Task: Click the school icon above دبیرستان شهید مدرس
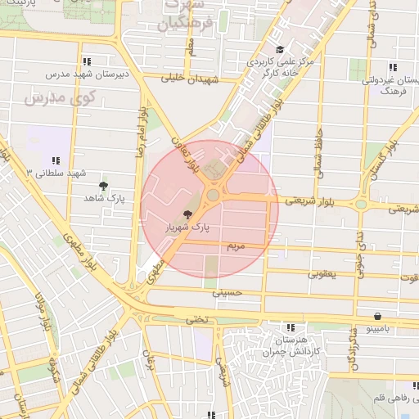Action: click(87, 61)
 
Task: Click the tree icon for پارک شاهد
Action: click(102, 186)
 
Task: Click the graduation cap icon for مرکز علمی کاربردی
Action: click(280, 50)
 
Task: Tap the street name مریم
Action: click(236, 245)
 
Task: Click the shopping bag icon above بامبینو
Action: click(376, 316)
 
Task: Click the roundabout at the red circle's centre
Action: click(214, 195)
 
